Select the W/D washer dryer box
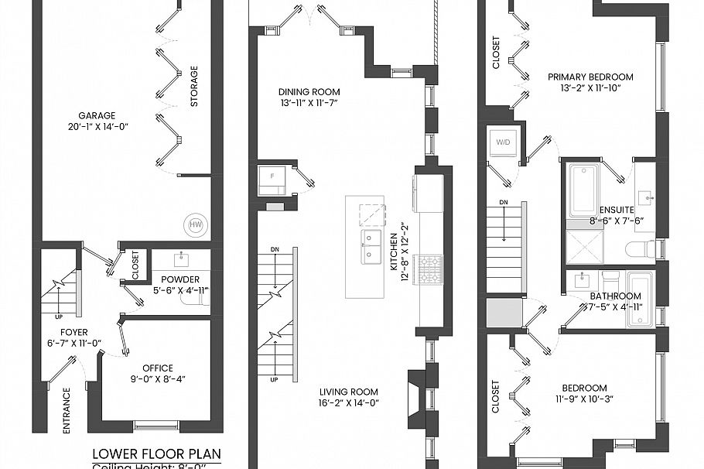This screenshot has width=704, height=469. coord(503,142)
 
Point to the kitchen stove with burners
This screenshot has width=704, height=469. coord(431,268)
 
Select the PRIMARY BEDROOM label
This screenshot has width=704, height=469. coord(590,77)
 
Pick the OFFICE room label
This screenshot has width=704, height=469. coord(158,368)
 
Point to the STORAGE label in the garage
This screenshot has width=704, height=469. coord(194,86)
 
